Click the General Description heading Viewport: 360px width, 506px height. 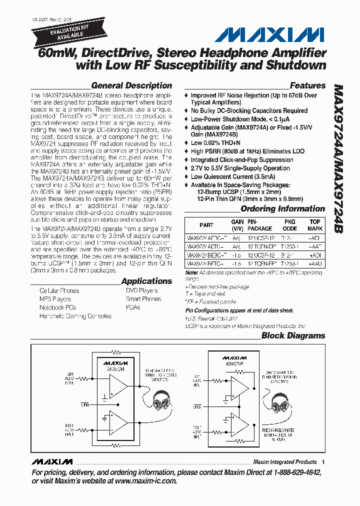click(x=131, y=85)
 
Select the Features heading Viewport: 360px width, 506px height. click(x=307, y=85)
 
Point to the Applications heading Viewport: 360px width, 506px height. click(x=146, y=281)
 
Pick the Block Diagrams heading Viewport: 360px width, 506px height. click(x=293, y=335)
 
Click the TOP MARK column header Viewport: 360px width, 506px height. click(x=315, y=224)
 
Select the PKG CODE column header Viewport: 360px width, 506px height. click(x=289, y=224)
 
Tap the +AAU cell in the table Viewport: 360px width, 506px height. click(x=315, y=263)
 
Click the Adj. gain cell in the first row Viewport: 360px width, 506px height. click(x=237, y=237)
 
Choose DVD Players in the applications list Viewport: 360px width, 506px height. click(x=142, y=290)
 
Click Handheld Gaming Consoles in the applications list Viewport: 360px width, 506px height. click(x=75, y=316)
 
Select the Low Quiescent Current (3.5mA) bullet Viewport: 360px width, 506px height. click(x=232, y=176)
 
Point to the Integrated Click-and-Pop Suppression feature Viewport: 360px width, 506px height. click(x=241, y=160)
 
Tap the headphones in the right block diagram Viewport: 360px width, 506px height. click(x=282, y=400)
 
